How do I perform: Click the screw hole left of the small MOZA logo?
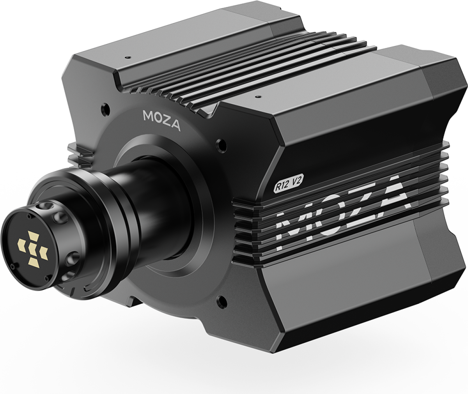[x=104, y=106]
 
